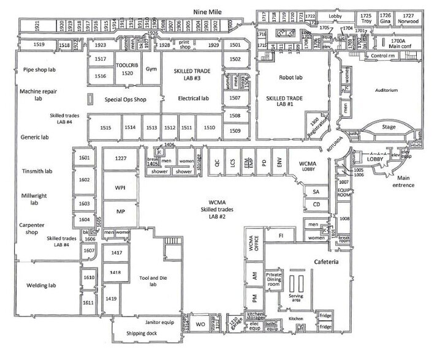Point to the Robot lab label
281,79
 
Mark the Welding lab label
41,285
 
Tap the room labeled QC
216,164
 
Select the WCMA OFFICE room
251,242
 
